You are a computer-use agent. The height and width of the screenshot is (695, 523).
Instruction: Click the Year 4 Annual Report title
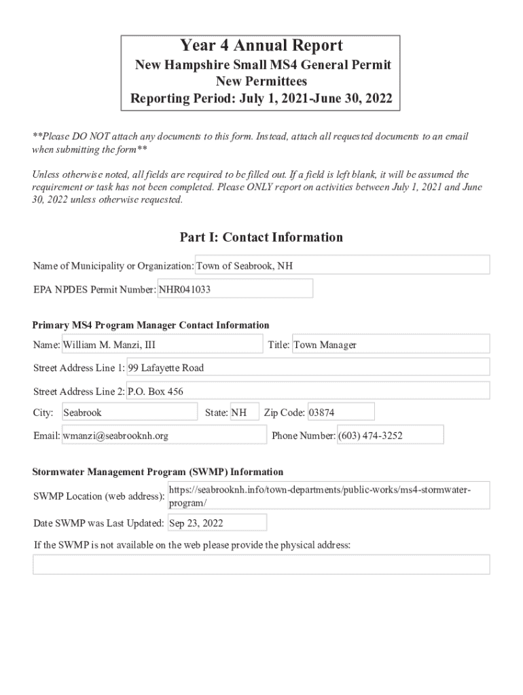261,46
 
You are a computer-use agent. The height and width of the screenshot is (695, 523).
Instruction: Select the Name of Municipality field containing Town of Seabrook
342,265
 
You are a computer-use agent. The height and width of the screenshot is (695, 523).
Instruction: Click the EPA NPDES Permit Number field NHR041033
235,289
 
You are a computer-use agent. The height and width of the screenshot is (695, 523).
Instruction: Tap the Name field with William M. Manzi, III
162,345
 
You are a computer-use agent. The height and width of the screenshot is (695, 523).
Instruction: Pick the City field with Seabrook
129,412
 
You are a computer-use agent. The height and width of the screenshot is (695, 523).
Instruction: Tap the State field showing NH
245,412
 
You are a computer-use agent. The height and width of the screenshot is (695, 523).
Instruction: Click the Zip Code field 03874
340,412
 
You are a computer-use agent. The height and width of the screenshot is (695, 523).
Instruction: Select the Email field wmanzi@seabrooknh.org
164,436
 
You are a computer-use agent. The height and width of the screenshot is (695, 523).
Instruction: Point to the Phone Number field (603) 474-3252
390,435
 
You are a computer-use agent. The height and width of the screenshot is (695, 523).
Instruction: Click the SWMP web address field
328,496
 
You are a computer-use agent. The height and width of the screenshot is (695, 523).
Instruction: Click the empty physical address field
261,564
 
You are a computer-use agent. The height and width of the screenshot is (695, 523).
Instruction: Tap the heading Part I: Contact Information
261,237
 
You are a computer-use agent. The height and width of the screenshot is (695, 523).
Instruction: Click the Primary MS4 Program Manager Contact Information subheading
151,325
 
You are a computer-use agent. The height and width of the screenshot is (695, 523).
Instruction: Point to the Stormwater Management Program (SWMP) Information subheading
158,472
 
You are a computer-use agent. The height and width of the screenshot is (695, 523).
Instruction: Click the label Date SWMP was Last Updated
98,523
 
